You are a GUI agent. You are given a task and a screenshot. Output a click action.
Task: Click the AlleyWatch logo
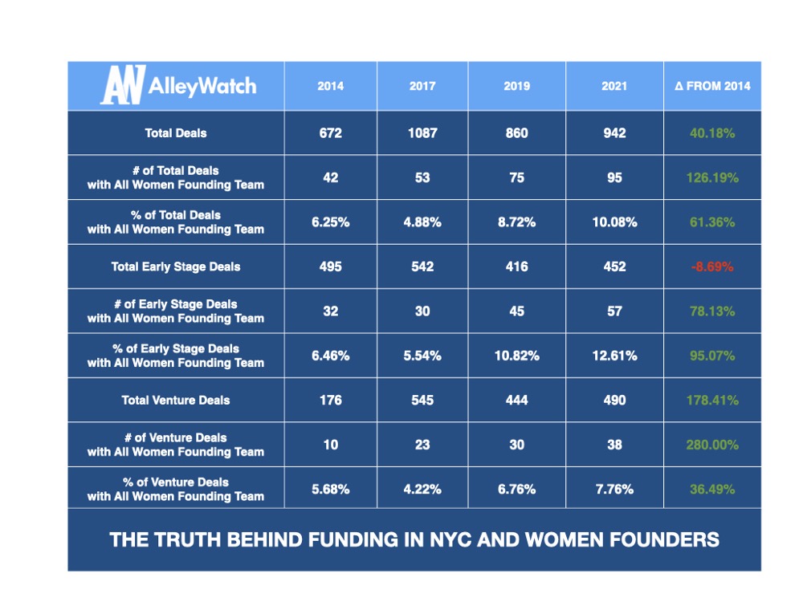point(177,85)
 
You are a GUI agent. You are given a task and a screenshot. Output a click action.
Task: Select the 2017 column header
point(422,86)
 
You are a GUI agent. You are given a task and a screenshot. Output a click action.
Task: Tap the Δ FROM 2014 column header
point(712,86)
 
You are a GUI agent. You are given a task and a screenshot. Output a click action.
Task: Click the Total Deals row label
point(176,133)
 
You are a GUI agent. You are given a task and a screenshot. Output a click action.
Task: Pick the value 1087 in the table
point(422,133)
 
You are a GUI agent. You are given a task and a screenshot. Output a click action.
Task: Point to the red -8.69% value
point(712,266)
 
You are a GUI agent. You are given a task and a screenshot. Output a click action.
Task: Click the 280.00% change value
point(712,445)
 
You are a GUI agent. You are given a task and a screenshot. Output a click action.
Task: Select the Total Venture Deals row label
point(176,400)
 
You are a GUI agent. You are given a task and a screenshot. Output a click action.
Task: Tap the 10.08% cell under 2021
point(614,222)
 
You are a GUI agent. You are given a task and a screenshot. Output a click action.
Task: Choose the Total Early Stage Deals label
point(176,266)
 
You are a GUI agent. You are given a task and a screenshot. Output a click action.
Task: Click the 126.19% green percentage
point(712,177)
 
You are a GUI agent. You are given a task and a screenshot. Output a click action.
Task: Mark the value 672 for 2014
point(330,133)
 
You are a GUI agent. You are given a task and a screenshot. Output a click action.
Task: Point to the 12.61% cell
point(614,356)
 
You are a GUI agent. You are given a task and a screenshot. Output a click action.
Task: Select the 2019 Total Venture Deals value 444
point(517,400)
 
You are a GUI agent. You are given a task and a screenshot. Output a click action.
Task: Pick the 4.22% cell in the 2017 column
point(422,489)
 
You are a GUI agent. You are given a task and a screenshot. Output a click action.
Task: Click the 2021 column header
point(614,86)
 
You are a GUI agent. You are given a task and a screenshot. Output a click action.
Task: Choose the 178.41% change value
point(712,400)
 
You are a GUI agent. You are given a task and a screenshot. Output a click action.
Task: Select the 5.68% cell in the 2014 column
point(330,489)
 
